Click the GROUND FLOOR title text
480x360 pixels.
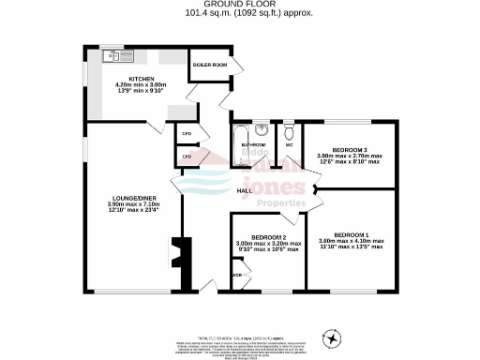pyautogui.click(x=239, y=5)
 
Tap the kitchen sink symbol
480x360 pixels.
pyautogui.click(x=112, y=57)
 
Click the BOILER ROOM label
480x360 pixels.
pyautogui.click(x=209, y=65)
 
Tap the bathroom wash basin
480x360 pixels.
pyautogui.click(x=262, y=130)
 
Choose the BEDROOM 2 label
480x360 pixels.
pyautogui.click(x=266, y=237)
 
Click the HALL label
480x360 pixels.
pyautogui.click(x=243, y=190)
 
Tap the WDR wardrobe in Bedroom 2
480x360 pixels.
pyautogui.click(x=238, y=276)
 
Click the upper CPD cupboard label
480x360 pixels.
pyautogui.click(x=187, y=133)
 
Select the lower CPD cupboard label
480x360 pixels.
pyautogui.click(x=187, y=157)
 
